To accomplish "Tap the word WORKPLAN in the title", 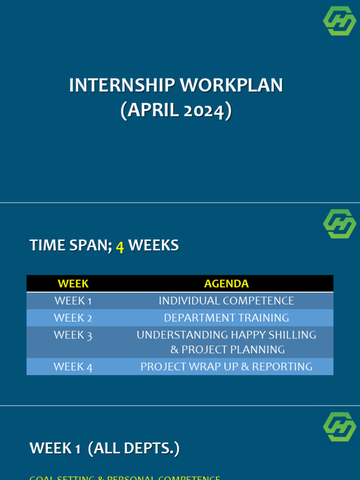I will (232, 85).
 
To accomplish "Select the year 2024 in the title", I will (204, 111).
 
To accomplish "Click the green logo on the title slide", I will (339, 21).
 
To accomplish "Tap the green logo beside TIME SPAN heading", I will (339, 224).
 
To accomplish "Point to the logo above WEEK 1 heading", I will (339, 427).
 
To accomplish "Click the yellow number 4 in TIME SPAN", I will (120, 246).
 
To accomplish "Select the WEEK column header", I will (73, 284).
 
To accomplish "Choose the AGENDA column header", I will (226, 284).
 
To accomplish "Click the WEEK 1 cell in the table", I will (73, 301).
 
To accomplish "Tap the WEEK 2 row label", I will (73, 318).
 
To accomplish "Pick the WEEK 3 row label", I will (73, 335).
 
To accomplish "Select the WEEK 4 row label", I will (73, 367).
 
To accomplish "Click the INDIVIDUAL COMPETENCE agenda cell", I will (226, 301).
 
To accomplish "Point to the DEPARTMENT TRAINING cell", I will (226, 318).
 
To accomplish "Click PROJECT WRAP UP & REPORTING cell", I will (226, 367).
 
